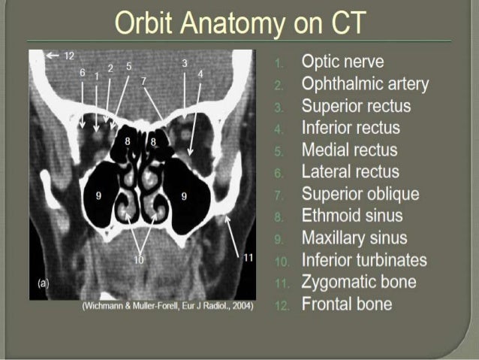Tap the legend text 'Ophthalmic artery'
click(x=365, y=83)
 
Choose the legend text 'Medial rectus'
click(x=350, y=150)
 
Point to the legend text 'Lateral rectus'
click(x=350, y=172)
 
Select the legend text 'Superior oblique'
click(x=360, y=195)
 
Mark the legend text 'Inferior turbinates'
click(x=364, y=261)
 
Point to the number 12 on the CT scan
click(x=69, y=55)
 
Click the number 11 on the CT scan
click(x=249, y=257)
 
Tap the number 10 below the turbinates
click(x=138, y=260)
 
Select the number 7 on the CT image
click(x=143, y=80)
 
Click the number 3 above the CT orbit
click(x=184, y=63)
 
